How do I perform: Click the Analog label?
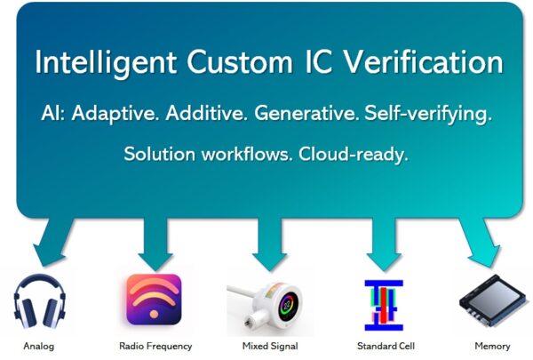point(38,346)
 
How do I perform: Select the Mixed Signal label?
point(269,346)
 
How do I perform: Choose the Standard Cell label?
point(385,346)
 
